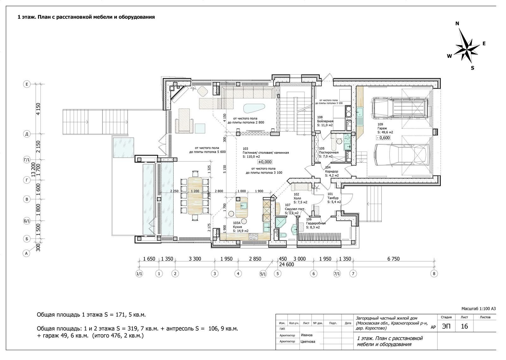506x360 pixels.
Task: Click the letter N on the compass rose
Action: pyautogui.click(x=457, y=23)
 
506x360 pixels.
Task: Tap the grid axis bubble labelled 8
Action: pyautogui.click(x=434, y=274)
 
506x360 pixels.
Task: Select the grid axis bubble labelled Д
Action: pyautogui.click(x=27, y=134)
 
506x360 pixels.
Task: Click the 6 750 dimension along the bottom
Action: pyautogui.click(x=393, y=259)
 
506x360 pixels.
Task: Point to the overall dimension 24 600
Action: pyautogui.click(x=287, y=264)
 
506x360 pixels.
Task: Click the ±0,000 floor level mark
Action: pyautogui.click(x=265, y=162)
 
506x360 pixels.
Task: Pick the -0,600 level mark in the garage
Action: pyautogui.click(x=383, y=138)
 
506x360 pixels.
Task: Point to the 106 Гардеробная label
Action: pyautogui.click(x=316, y=223)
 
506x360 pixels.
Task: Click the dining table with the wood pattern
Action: pyautogui.click(x=195, y=196)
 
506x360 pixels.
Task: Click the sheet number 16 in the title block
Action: pyautogui.click(x=464, y=326)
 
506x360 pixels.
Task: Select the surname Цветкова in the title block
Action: pyautogui.click(x=308, y=341)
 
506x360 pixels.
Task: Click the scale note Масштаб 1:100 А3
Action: pyautogui.click(x=478, y=309)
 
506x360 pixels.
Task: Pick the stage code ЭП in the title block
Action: pyautogui.click(x=446, y=326)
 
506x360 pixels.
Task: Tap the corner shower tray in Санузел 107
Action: pyautogui.click(x=281, y=222)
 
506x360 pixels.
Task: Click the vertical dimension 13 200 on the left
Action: pyautogui.click(x=33, y=170)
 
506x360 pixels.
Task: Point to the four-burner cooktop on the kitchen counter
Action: pyautogui.click(x=253, y=237)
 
